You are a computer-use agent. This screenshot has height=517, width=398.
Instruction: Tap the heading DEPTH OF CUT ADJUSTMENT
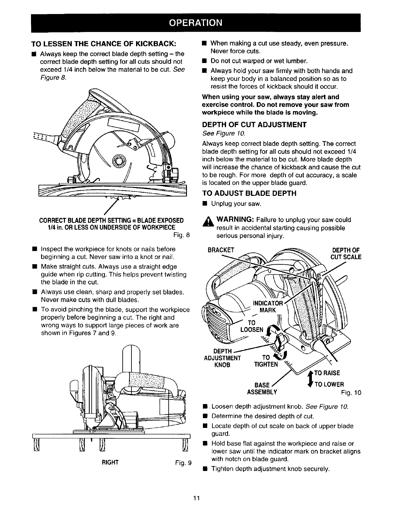(x=254, y=125)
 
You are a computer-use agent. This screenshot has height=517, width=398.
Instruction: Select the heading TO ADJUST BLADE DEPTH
(x=249, y=194)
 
